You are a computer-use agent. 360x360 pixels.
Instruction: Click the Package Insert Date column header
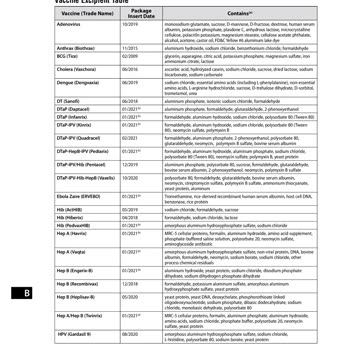click(x=141, y=14)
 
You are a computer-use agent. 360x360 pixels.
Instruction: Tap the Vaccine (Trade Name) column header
click(x=72, y=14)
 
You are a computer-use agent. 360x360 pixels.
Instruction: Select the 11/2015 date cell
click(x=141, y=76)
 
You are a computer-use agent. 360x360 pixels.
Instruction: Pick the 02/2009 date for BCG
click(x=141, y=85)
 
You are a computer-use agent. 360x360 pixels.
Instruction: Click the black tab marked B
click(x=28, y=294)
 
